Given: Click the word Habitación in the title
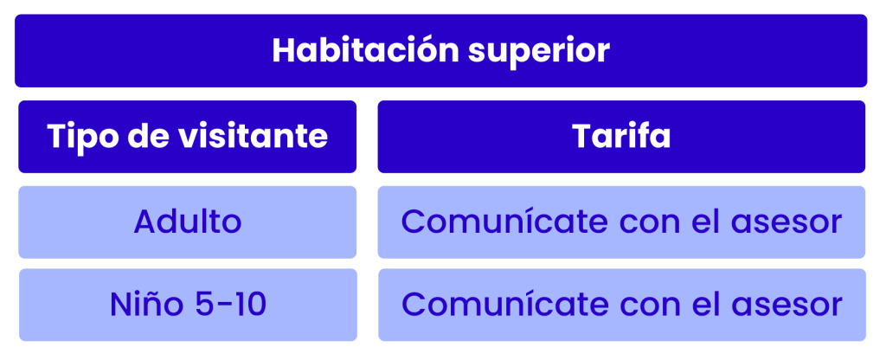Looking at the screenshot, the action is pos(366,51).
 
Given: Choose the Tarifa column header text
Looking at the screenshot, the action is pos(621,136).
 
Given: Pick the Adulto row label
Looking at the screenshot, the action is pos(188,222).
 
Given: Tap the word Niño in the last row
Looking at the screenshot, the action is pos(145,305).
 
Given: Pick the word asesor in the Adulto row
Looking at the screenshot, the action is pos(786,224).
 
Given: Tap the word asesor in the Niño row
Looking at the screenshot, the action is pos(786,307).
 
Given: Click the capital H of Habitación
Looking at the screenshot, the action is pos(284,51).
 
